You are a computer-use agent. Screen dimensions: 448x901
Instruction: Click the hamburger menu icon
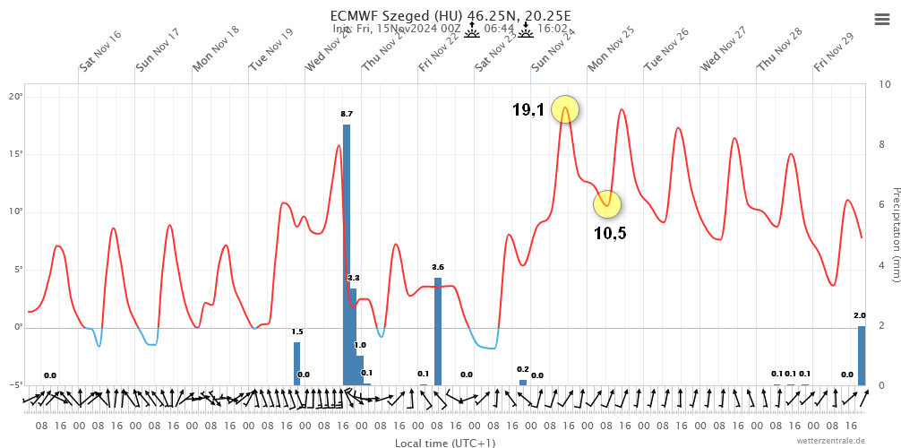tap(881, 20)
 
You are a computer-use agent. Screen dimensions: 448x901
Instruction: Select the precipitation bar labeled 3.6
tap(438, 331)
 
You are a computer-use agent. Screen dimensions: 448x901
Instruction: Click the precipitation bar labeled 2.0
tap(862, 355)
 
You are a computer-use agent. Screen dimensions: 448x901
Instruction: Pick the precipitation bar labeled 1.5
tap(297, 363)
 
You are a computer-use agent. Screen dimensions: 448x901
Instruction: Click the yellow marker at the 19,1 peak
tap(565, 109)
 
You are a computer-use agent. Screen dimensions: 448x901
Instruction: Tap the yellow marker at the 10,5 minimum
tap(607, 204)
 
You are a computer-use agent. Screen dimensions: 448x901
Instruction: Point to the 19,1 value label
tap(528, 110)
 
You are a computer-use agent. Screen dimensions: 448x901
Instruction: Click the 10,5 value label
tap(610, 234)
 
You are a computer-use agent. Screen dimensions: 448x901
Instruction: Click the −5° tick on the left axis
tap(15, 385)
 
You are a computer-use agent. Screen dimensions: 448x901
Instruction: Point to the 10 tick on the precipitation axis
tap(885, 84)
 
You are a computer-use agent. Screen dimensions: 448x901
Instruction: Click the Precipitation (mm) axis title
tap(895, 235)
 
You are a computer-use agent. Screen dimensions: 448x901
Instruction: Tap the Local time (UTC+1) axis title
tap(445, 443)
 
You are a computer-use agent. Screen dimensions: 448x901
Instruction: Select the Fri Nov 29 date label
tap(834, 52)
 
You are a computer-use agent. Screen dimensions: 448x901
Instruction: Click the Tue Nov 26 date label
tap(666, 50)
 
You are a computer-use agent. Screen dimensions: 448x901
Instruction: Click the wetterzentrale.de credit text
tap(831, 440)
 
